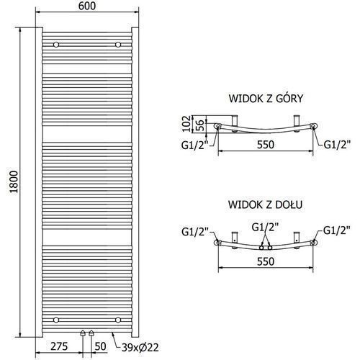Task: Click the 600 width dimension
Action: [87, 6]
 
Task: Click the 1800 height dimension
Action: [14, 182]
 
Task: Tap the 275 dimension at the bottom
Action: [59, 346]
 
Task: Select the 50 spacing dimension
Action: [100, 346]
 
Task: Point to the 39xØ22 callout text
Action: [140, 348]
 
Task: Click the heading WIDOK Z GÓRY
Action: [266, 99]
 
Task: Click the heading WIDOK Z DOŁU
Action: [265, 204]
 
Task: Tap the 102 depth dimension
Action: [186, 124]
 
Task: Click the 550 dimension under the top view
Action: [266, 145]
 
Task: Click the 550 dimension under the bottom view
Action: [266, 261]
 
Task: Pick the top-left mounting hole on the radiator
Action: [56, 45]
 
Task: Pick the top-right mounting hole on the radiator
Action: [118, 45]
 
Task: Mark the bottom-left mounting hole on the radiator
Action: [56, 320]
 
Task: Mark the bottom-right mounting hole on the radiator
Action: [118, 320]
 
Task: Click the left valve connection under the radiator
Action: [83, 333]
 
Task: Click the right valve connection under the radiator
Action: [91, 333]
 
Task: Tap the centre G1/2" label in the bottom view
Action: [265, 227]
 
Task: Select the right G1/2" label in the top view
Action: [337, 145]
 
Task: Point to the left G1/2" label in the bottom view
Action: [195, 232]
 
